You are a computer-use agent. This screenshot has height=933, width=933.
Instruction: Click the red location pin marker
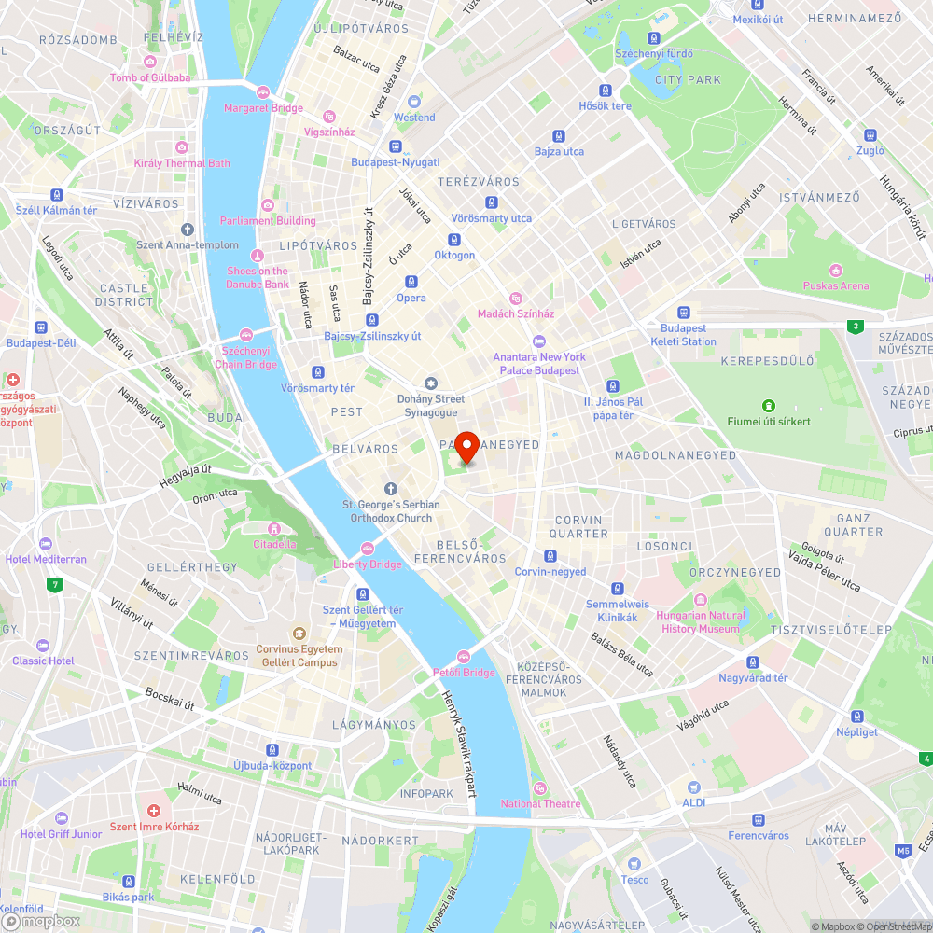pyautogui.click(x=466, y=446)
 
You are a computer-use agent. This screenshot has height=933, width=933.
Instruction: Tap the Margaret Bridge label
pyautogui.click(x=263, y=107)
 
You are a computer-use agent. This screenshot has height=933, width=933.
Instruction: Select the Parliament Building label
pyautogui.click(x=268, y=220)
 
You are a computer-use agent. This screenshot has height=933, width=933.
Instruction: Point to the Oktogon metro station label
pyautogui.click(x=454, y=255)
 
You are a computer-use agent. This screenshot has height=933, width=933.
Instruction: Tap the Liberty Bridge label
pyautogui.click(x=368, y=564)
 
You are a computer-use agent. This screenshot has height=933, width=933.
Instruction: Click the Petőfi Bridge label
pyautogui.click(x=464, y=672)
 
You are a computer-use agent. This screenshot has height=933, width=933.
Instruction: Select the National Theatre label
pyautogui.click(x=540, y=803)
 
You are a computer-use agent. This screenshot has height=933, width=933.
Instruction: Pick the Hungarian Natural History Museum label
pyautogui.click(x=701, y=621)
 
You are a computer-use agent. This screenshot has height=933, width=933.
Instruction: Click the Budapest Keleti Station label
pyautogui.click(x=684, y=335)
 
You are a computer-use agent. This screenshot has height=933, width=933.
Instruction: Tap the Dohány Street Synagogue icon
pyautogui.click(x=430, y=384)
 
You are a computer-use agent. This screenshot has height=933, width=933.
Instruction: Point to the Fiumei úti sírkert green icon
pyautogui.click(x=769, y=406)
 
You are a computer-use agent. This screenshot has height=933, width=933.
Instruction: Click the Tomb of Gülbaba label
pyautogui.click(x=149, y=77)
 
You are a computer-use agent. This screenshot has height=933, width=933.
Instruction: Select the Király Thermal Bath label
pyautogui.click(x=182, y=163)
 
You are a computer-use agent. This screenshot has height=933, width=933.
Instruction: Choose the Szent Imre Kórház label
pyautogui.click(x=155, y=826)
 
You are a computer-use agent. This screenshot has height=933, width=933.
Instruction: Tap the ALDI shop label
pyautogui.click(x=693, y=802)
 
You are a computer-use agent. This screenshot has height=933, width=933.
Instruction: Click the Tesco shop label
pyautogui.click(x=634, y=879)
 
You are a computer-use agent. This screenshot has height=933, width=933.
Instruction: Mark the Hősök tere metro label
pyautogui.click(x=606, y=105)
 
